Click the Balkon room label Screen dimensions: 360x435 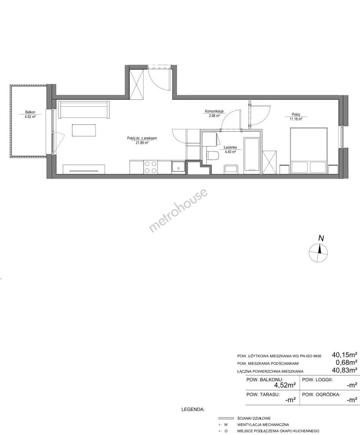[30, 112]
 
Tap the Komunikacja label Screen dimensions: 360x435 [214, 112]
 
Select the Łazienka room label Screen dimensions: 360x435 [230, 147]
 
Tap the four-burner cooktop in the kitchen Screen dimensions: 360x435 [150, 167]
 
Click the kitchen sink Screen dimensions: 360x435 [178, 167]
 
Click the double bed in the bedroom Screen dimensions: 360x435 [309, 150]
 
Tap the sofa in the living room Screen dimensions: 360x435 [83, 110]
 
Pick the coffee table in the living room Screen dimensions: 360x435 [84, 130]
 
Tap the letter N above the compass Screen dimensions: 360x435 [321, 238]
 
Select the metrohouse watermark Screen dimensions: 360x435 [178, 210]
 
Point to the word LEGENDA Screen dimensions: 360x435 [193, 409]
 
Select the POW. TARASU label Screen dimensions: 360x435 [263, 394]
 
